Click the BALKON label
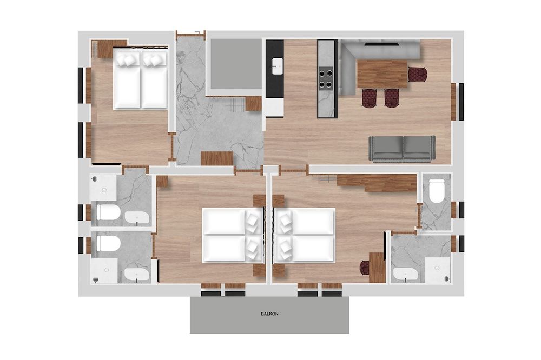coord(269,314)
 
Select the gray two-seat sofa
coord(402,149)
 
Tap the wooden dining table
coord(382,74)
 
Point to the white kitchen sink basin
coord(277,66)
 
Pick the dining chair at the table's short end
coord(418,75)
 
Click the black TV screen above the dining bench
coord(381,44)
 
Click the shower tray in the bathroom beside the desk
coord(438,271)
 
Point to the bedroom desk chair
coord(364,268)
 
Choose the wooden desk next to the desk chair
coord(377,267)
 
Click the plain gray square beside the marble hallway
coord(236,64)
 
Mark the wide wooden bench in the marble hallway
coord(217,158)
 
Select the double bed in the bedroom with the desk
coord(305,235)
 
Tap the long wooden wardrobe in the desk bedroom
coord(377,182)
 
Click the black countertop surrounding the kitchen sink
coord(275,69)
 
